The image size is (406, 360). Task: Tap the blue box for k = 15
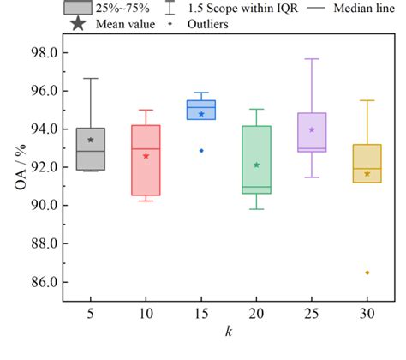(201, 110)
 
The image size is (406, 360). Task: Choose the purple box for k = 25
(312, 132)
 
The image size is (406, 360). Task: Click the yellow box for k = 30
(367, 163)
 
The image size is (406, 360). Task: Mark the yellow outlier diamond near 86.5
(367, 273)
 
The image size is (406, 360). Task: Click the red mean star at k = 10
(146, 156)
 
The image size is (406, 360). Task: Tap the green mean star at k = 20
(257, 165)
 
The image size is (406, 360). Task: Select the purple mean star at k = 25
(312, 129)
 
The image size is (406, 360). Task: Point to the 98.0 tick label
(43, 52)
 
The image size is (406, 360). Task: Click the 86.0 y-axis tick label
(43, 282)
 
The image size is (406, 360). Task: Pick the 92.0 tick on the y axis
(43, 167)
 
